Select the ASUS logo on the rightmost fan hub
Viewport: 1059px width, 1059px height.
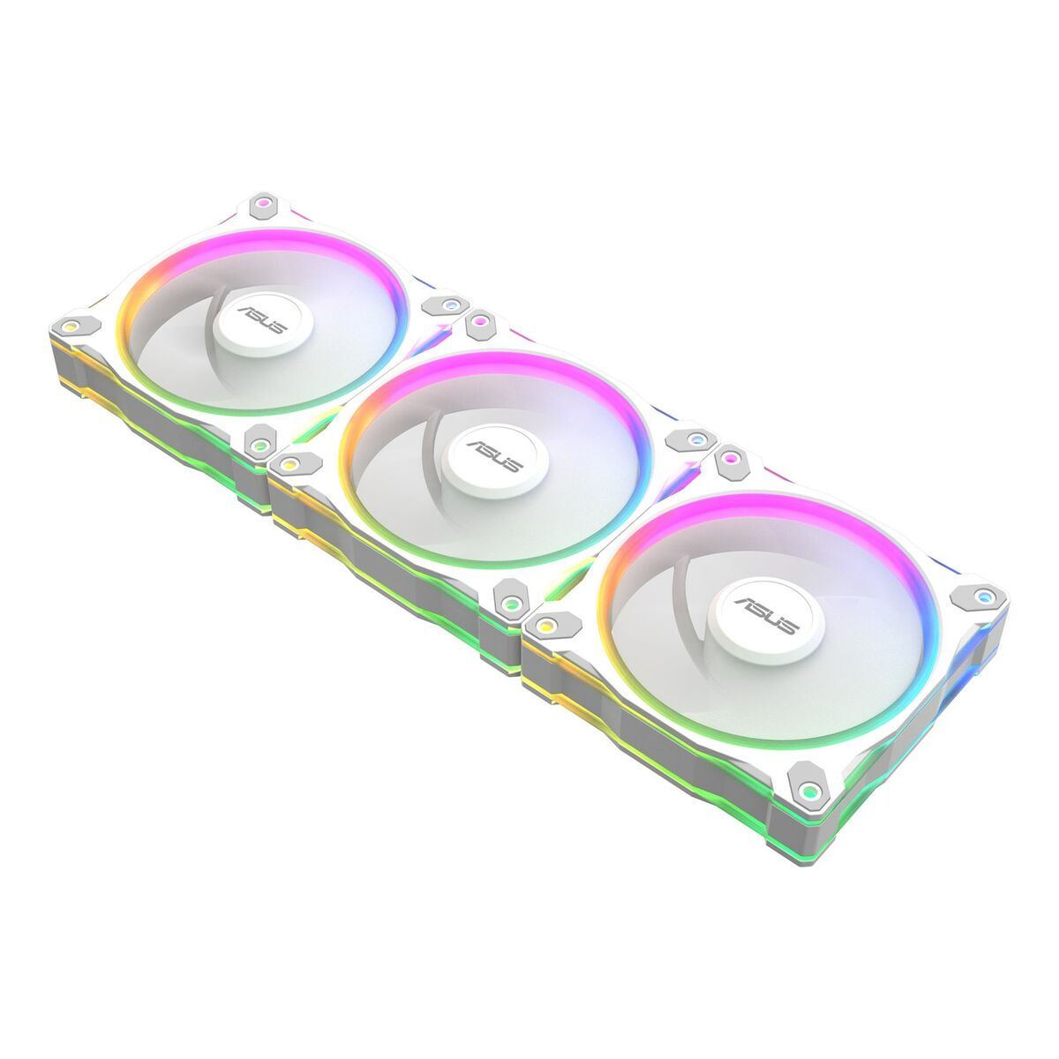click(769, 614)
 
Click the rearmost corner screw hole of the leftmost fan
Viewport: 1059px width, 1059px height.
click(263, 207)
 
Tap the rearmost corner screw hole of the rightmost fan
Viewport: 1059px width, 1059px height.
click(732, 459)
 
